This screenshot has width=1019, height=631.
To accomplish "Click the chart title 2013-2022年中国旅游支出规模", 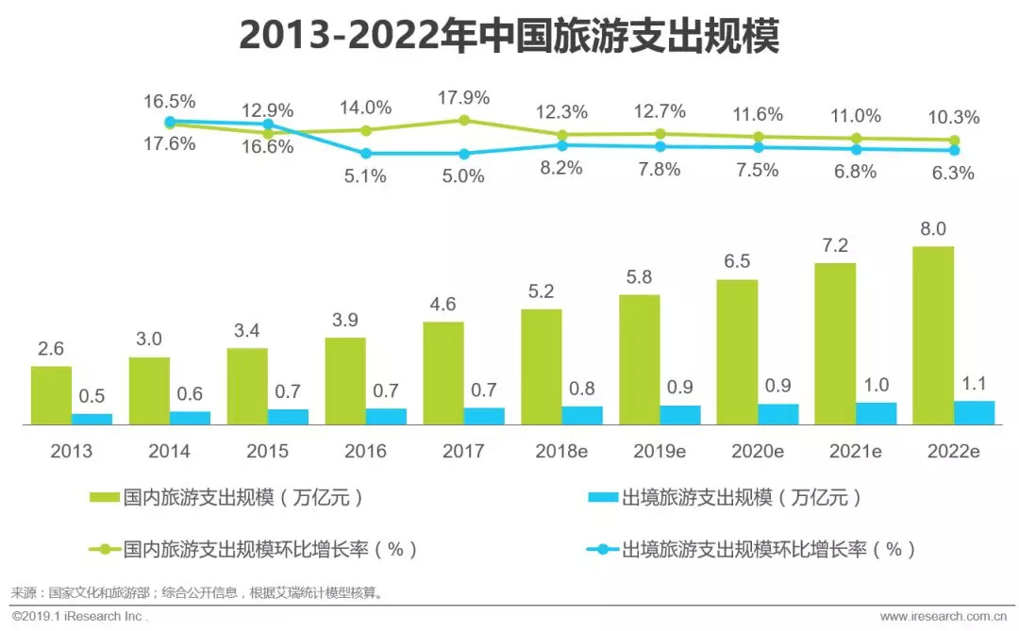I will (509, 36).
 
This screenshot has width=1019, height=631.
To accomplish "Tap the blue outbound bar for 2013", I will (92, 420).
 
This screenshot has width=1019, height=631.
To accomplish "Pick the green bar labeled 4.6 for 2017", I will (443, 374).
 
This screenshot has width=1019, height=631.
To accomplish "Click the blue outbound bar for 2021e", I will (877, 414).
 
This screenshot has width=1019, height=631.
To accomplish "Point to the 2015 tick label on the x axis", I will (267, 451).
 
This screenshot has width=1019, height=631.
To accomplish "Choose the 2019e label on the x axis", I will (660, 451).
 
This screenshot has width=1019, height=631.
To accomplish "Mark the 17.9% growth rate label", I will (463, 98).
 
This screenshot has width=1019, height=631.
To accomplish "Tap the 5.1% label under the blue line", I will (365, 175).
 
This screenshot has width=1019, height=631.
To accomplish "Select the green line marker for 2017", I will (463, 120).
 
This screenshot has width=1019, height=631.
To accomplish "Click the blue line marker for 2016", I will (366, 153).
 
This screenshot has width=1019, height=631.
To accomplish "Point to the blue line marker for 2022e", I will (954, 150).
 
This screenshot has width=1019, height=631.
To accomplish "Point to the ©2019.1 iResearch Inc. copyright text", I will (79, 616).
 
